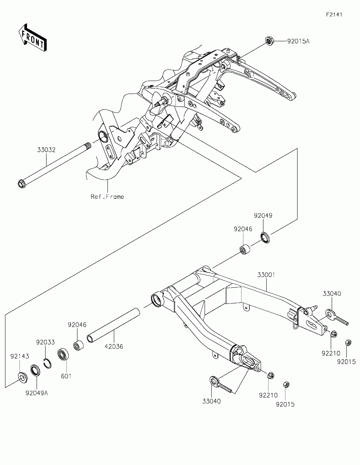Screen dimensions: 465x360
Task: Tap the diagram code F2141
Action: click(334, 15)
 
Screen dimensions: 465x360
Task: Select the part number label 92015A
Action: click(298, 41)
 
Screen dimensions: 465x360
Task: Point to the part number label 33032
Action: click(46, 150)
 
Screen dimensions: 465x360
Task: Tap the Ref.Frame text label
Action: click(107, 196)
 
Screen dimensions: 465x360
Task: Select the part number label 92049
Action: click(263, 216)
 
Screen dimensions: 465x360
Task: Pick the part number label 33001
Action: click(266, 275)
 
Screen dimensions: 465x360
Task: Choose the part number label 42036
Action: click(114, 346)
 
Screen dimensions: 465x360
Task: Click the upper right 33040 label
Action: click(332, 294)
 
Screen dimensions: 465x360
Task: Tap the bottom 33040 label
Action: click(212, 401)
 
